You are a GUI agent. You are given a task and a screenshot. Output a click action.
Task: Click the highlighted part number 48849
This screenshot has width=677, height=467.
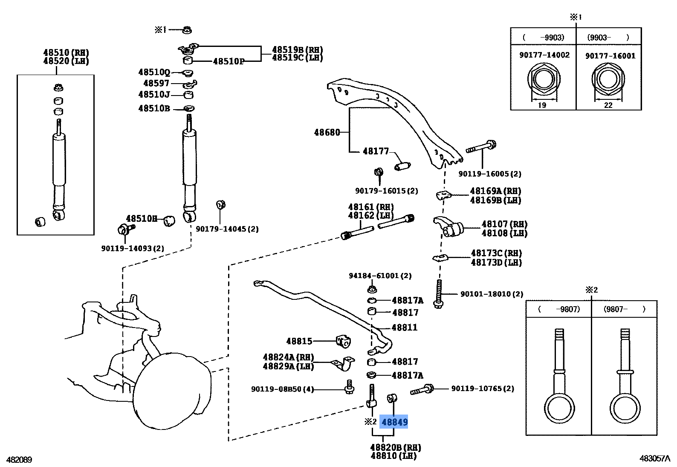tap(394, 422)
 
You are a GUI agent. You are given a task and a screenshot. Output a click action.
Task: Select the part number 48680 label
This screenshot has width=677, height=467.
tap(327, 132)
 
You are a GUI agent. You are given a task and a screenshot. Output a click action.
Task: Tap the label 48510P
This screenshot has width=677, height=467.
tap(229, 61)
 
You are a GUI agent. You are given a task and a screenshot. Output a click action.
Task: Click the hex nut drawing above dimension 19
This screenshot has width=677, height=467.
tap(542, 80)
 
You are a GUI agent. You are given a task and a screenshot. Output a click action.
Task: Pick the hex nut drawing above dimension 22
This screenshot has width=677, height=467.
tap(608, 80)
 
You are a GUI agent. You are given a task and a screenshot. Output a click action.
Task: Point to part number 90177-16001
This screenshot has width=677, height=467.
tap(610, 56)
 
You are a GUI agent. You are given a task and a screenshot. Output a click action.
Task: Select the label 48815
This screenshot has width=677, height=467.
tap(299, 341)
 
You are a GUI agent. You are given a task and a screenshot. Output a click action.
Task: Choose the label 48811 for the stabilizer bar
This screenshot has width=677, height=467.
tap(405, 328)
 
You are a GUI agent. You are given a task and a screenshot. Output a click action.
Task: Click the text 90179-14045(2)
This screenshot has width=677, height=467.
tap(227, 229)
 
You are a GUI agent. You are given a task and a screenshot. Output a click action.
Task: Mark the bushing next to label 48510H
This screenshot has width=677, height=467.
tap(170, 220)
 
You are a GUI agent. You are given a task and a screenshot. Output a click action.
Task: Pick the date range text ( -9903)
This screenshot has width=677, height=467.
tap(543, 38)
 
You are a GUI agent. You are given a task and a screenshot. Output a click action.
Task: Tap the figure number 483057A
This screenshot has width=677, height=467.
tap(654, 458)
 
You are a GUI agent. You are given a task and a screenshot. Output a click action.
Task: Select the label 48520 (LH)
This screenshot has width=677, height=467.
tap(66, 61)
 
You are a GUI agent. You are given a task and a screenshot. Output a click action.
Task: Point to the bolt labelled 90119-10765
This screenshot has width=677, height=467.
tap(422, 389)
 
